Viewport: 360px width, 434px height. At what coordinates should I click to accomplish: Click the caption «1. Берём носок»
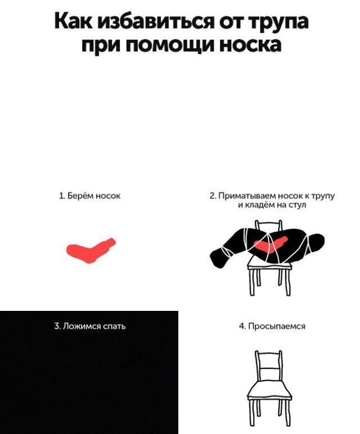(90, 196)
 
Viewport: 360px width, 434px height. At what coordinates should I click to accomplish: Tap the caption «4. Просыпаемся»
(272, 325)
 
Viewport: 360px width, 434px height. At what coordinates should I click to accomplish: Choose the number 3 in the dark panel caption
(56, 325)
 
